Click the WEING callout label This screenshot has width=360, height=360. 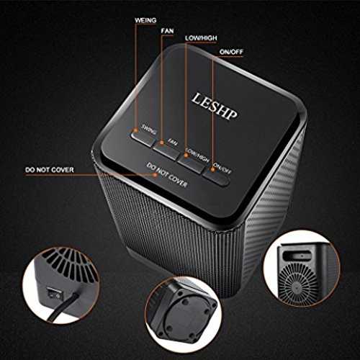pyautogui.click(x=145, y=20)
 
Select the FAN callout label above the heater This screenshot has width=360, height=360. pyautogui.click(x=167, y=31)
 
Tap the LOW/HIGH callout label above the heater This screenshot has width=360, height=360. pyautogui.click(x=201, y=38)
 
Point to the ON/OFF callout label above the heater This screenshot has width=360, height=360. pyautogui.click(x=231, y=52)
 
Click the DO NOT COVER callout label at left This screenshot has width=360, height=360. pyautogui.click(x=50, y=170)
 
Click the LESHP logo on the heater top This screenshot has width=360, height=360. pyautogui.click(x=215, y=107)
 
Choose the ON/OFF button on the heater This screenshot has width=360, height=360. pyautogui.click(x=216, y=177)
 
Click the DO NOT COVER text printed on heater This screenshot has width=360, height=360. pyautogui.click(x=167, y=176)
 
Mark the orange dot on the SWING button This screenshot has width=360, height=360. pyautogui.click(x=136, y=130)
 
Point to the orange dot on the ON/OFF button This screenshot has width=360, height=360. pyautogui.click(x=212, y=170)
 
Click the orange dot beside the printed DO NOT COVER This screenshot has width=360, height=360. pyautogui.click(x=156, y=175)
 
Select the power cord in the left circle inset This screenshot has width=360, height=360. pyautogui.click(x=63, y=307)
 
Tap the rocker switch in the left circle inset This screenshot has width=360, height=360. pyautogui.click(x=53, y=293)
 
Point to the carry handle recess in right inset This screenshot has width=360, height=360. pyautogui.click(x=298, y=256)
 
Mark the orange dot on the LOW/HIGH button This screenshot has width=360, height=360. pyautogui.click(x=186, y=156)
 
